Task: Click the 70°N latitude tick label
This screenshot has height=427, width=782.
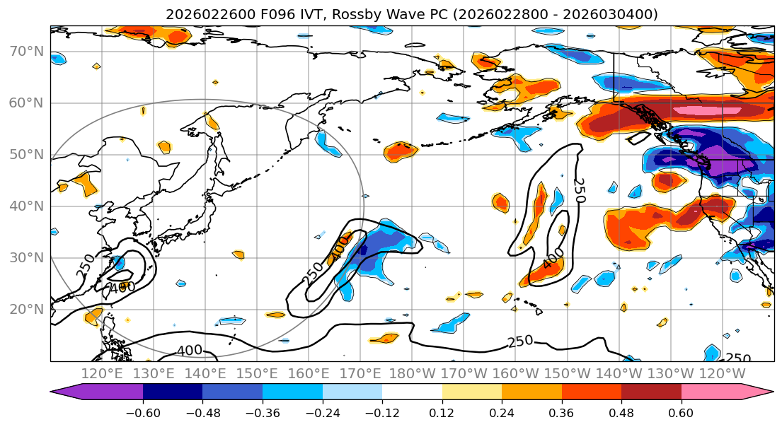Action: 26,52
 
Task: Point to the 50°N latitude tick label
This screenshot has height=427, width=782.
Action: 26,155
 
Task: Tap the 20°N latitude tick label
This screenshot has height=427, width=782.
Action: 26,310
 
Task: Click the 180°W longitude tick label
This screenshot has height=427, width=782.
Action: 412,373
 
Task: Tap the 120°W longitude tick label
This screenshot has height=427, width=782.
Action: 722,373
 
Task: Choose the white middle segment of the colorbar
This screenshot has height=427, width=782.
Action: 412,394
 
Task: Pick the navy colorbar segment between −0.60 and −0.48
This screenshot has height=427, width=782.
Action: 173,394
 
